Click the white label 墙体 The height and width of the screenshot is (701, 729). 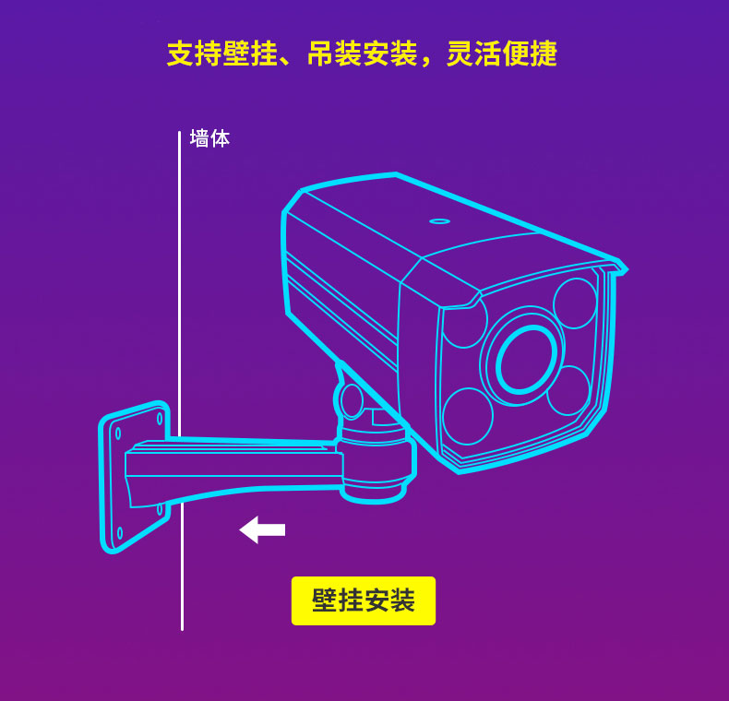(209, 138)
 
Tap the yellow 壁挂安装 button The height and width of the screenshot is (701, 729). (364, 600)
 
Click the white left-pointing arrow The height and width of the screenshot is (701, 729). (262, 530)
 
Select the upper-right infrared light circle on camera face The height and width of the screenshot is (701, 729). (575, 303)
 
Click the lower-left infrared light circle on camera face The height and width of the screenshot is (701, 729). (468, 417)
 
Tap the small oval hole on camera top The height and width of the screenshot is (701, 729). (439, 221)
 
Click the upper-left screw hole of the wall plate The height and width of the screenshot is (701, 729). (118, 434)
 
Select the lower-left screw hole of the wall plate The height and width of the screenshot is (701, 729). (120, 533)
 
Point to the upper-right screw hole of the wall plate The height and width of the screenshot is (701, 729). (160, 419)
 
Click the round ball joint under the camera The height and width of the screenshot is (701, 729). (352, 400)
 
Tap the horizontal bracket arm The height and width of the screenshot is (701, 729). (233, 469)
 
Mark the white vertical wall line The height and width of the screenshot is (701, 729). (180, 381)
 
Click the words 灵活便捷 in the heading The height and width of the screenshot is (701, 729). (502, 53)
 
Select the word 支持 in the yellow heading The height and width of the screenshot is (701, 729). (195, 53)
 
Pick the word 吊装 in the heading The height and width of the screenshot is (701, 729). (335, 53)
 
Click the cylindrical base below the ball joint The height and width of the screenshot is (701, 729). (376, 465)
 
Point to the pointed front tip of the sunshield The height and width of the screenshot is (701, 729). (627, 269)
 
